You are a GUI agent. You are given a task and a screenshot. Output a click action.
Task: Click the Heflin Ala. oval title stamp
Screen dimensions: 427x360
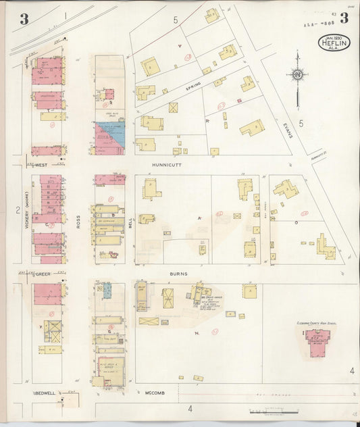[x=334, y=43]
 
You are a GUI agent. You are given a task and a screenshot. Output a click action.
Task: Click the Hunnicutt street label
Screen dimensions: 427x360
[x=168, y=164]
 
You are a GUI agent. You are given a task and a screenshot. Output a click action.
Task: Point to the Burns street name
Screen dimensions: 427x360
[x=178, y=274]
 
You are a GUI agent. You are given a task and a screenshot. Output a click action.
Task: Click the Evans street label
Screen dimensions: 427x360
[x=288, y=126]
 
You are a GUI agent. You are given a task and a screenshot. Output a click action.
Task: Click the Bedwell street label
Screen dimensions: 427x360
[x=45, y=393]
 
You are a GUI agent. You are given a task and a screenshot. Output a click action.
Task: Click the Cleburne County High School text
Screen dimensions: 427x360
[x=316, y=324]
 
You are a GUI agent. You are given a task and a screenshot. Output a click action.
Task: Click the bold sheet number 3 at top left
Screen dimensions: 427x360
[x=24, y=19]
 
